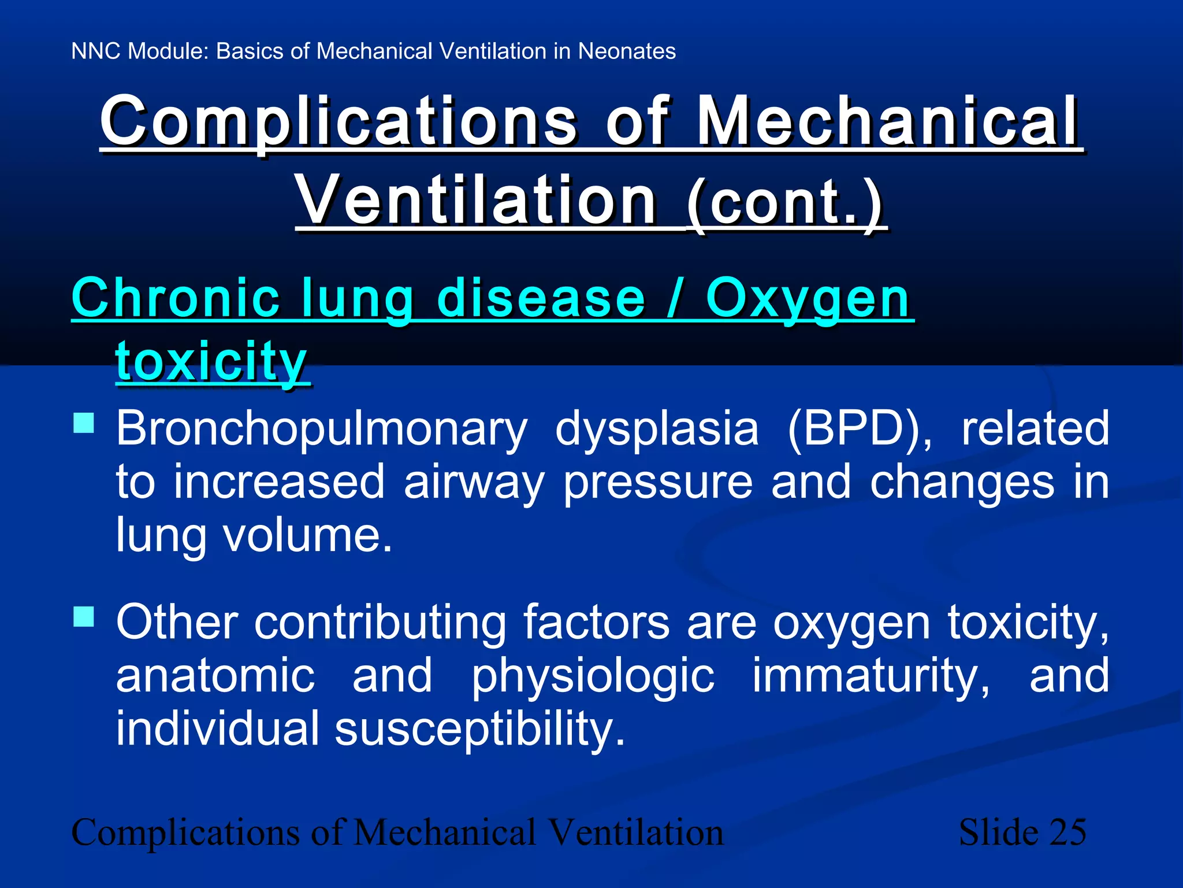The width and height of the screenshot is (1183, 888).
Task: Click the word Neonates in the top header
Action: [627, 51]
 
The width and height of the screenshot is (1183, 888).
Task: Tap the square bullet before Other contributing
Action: [84, 616]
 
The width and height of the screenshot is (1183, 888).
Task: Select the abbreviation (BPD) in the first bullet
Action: [860, 428]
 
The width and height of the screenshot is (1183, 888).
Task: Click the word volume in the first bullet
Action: [307, 535]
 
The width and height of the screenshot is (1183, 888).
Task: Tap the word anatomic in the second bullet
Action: [215, 675]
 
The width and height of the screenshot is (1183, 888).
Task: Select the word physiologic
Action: [593, 676]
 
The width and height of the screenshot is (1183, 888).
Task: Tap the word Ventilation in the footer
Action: [635, 832]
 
